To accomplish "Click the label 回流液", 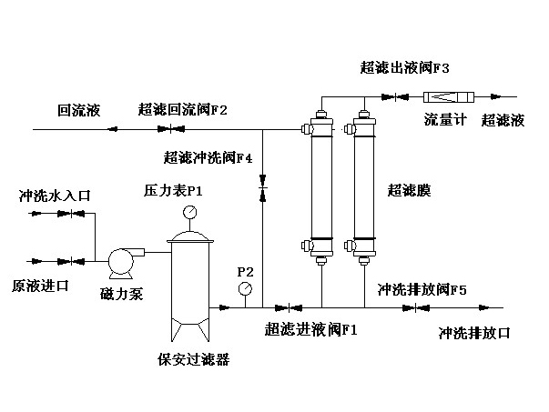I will tap(78, 111).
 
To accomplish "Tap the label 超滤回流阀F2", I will tap(183, 111).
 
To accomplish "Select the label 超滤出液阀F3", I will tap(405, 68).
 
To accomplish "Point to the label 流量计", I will tap(445, 120).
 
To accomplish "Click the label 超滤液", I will tap(502, 120).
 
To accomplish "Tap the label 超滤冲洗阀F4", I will tap(208, 156).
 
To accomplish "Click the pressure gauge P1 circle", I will tap(190, 213).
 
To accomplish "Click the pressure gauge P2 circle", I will tap(245, 288).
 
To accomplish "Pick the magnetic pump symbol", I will tap(121, 262).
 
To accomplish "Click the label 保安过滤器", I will tap(193, 358).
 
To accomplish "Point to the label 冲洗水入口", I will tap(56, 196).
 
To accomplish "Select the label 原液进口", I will tap(40, 286).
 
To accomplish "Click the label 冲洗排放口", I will tap(474, 332).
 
